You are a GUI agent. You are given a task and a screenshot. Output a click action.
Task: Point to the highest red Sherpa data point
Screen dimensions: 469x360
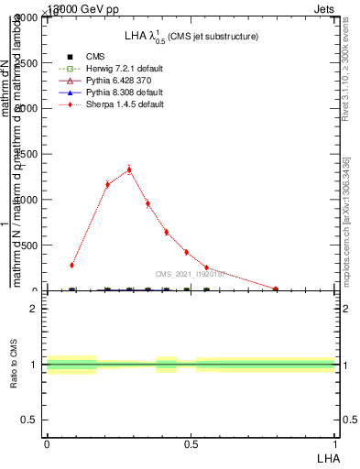point(129,169)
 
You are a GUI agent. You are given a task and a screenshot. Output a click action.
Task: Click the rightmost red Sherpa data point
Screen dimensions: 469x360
point(276,289)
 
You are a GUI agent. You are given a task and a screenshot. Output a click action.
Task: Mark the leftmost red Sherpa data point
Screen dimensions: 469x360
point(71,265)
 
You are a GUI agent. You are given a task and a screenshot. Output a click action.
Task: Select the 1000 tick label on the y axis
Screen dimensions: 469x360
point(24,200)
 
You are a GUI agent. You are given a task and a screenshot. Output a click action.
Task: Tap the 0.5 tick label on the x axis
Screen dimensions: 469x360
point(191,443)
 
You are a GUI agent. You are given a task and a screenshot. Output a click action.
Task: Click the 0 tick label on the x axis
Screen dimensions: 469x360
point(47,443)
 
